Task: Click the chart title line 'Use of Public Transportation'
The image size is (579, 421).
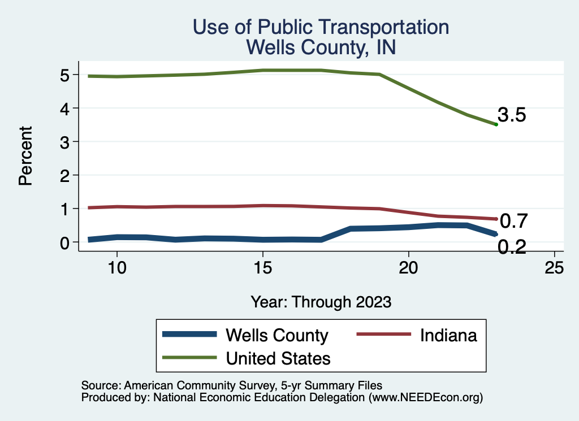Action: (x=321, y=27)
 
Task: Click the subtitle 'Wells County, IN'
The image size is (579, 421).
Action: (x=321, y=47)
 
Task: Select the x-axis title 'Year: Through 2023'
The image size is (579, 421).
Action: (x=321, y=302)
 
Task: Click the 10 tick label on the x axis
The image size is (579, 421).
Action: (x=116, y=268)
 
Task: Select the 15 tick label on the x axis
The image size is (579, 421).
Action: (x=262, y=268)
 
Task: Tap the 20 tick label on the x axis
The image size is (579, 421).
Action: (x=408, y=268)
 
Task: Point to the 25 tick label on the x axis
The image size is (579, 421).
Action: (x=554, y=268)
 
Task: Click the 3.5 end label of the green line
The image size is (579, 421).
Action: (x=512, y=115)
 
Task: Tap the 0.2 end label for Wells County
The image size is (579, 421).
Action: (x=512, y=247)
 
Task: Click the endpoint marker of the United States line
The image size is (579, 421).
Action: (x=496, y=124)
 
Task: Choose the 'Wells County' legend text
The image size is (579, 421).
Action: (x=276, y=335)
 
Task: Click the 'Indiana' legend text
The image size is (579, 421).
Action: (x=448, y=335)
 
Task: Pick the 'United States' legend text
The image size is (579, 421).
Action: (x=278, y=358)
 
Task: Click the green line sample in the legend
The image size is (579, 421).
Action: (x=189, y=358)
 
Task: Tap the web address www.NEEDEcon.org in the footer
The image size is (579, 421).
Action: (x=425, y=397)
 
